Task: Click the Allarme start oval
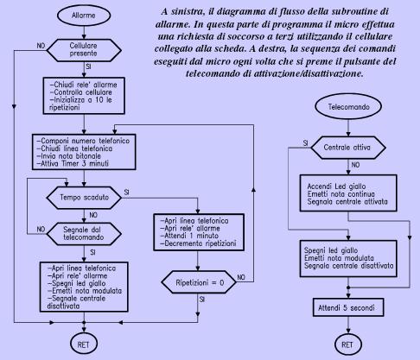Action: pyautogui.click(x=84, y=16)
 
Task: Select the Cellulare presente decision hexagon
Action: pyautogui.click(x=84, y=50)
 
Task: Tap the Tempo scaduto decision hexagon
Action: pyautogui.click(x=84, y=198)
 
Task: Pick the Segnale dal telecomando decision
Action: pyautogui.click(x=84, y=234)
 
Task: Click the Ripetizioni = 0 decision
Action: pyautogui.click(x=199, y=282)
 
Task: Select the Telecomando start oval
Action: pyautogui.click(x=348, y=106)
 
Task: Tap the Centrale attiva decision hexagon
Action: pyautogui.click(x=348, y=148)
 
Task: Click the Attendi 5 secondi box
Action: pyautogui.click(x=348, y=307)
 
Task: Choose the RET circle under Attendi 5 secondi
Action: pyautogui.click(x=347, y=344)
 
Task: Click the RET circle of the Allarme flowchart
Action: pyautogui.click(x=84, y=344)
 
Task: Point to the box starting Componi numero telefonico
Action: pyautogui.click(x=84, y=152)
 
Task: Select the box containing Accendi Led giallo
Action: pyautogui.click(x=348, y=193)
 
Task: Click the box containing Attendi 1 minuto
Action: pyautogui.click(x=199, y=232)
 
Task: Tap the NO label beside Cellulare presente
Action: pyautogui.click(x=41, y=46)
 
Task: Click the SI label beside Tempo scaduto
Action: pyautogui.click(x=126, y=193)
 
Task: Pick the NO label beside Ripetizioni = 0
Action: pyautogui.click(x=241, y=277)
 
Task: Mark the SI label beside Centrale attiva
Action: pyautogui.click(x=306, y=143)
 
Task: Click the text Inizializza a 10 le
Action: pyautogui.click(x=80, y=100)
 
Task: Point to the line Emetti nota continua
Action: pyautogui.click(x=341, y=194)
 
